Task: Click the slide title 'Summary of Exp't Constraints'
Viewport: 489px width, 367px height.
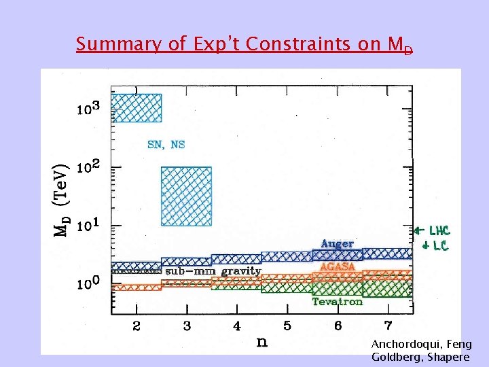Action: (244, 45)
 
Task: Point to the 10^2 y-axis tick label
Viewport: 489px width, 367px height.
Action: (88, 167)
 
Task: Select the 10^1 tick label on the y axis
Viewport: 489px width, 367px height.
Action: (88, 225)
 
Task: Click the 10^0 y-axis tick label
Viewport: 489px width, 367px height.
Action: (88, 283)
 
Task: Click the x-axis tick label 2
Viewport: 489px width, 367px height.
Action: (137, 326)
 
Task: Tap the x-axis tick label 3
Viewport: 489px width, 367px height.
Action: (187, 326)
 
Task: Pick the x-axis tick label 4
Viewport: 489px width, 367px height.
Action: (237, 326)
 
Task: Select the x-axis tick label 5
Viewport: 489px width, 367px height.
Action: (287, 326)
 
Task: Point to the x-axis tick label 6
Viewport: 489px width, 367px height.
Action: (338, 326)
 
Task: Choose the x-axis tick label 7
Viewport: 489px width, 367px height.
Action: (388, 326)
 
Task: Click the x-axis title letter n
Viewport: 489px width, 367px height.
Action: (261, 341)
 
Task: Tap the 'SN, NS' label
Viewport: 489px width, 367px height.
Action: (166, 144)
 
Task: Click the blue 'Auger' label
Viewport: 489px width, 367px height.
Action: (337, 244)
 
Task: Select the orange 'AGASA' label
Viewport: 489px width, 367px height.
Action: (337, 267)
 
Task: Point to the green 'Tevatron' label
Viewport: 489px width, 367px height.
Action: (337, 302)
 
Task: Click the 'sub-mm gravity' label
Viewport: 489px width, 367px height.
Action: (213, 271)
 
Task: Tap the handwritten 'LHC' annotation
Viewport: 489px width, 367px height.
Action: (438, 231)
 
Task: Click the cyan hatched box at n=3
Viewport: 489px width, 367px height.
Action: (186, 196)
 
